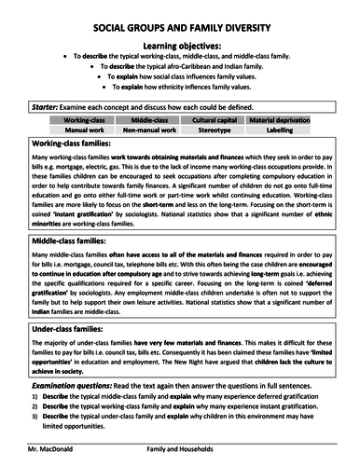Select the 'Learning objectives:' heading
click(180, 44)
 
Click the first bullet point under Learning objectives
click(64, 57)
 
